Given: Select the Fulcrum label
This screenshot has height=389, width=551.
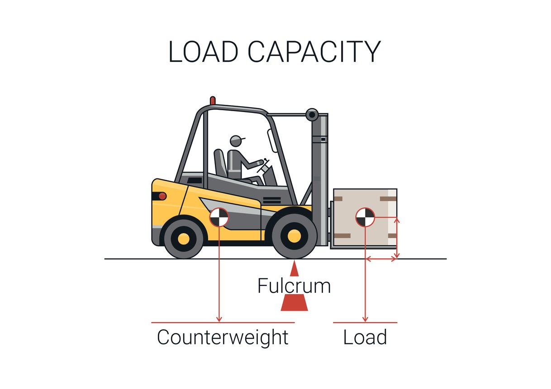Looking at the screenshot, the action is coord(294,286).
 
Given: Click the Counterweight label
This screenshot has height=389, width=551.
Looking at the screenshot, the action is coord(223,337).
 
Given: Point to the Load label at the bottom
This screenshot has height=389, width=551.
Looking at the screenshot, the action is coord(365,337).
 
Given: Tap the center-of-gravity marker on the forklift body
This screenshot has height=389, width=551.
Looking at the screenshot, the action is coord(219,217).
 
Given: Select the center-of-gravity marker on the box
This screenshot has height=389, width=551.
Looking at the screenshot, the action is coord(365,217).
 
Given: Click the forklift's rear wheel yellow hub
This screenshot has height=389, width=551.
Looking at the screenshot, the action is coord(184,238).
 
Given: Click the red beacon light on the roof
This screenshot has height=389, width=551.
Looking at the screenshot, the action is coord(213,100).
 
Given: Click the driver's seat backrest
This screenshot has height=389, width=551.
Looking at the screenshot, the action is coord(220,163).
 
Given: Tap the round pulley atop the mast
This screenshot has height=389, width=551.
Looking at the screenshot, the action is coord(312,115).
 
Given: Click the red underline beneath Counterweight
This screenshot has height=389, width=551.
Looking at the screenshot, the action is coord(223,323).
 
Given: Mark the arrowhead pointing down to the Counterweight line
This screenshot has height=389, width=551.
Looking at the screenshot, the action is coord(219,319).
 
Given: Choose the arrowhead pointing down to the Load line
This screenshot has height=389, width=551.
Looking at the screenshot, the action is coord(365,319).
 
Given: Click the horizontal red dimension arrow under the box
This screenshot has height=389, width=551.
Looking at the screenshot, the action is coord(381,259).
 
